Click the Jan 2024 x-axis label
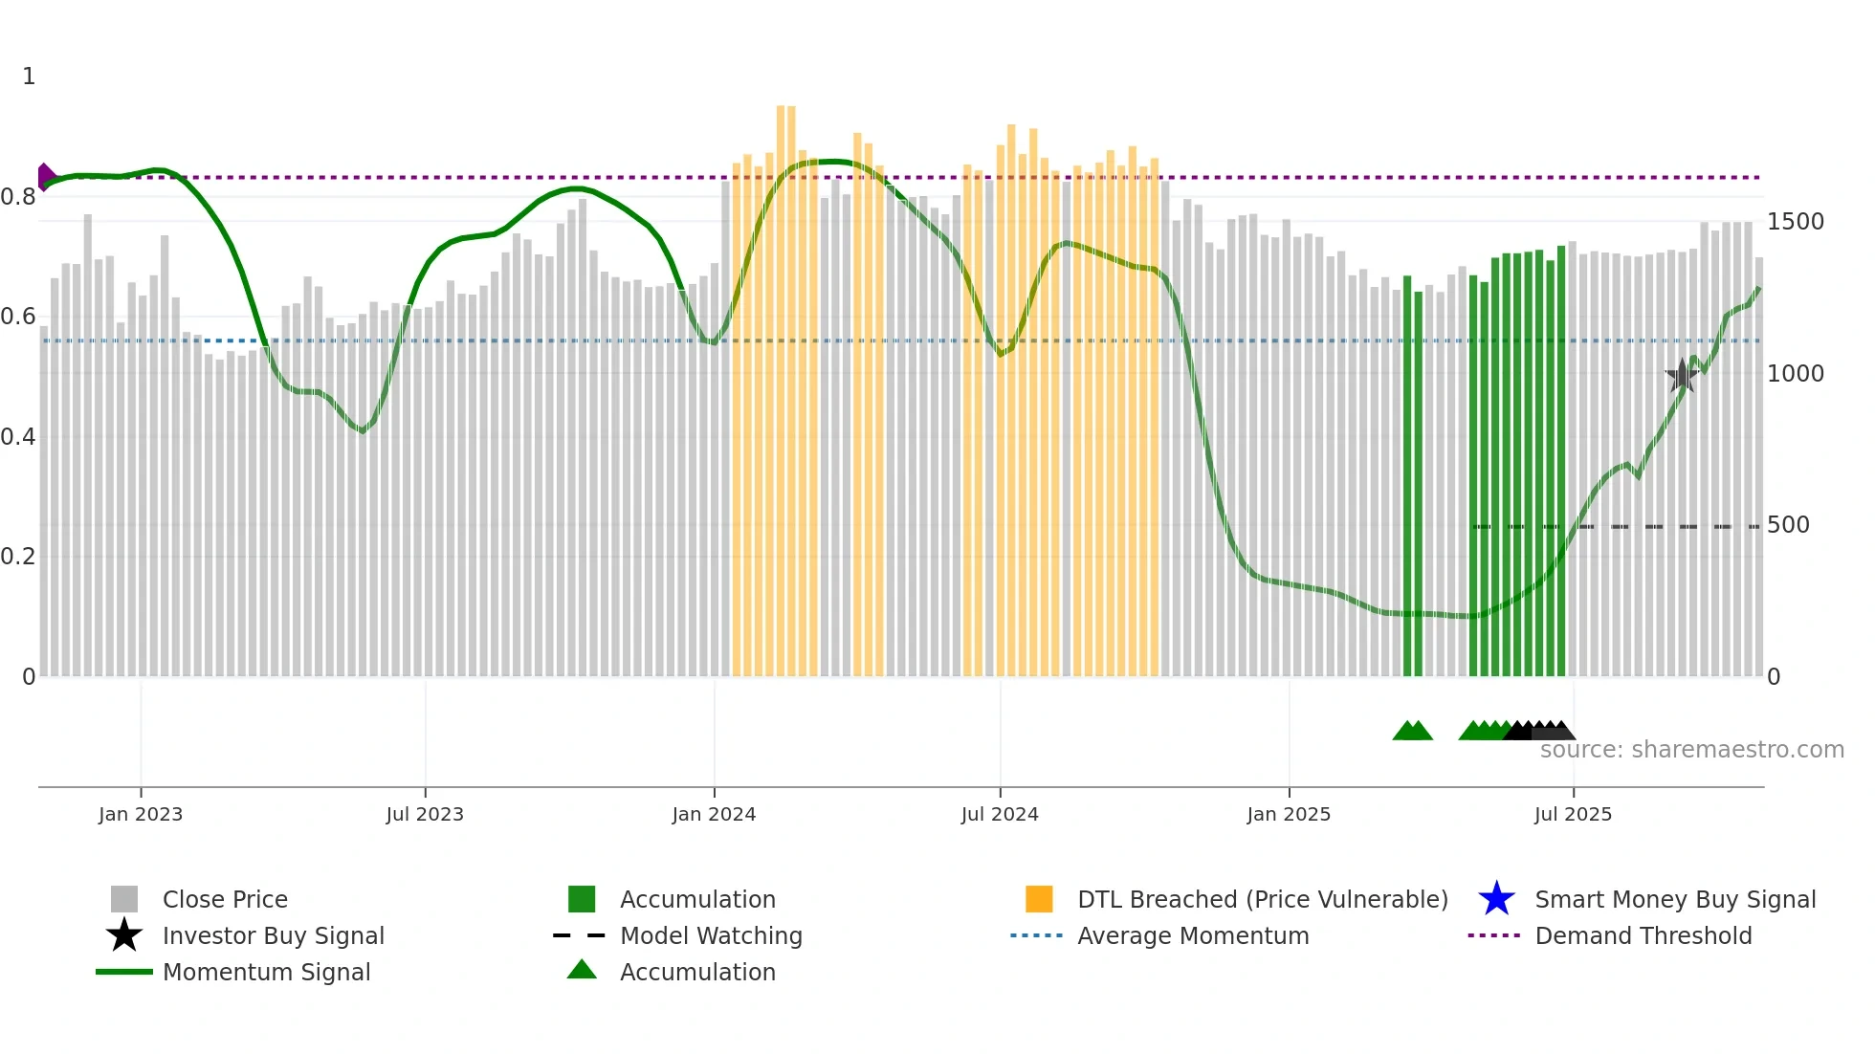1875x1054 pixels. (714, 814)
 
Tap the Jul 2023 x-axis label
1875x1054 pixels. (425, 814)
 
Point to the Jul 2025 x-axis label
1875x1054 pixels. (1573, 814)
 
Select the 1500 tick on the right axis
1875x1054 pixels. (1796, 222)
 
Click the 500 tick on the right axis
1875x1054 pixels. (1788, 525)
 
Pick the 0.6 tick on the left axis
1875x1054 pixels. (18, 317)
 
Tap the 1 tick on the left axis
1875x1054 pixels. (29, 77)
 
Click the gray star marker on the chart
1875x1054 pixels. (1682, 376)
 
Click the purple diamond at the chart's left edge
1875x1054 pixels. (44, 177)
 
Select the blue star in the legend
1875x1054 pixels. (1496, 899)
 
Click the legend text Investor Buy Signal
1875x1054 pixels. (273, 935)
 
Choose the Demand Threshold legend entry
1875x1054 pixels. (1643, 935)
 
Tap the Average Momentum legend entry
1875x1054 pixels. (1192, 935)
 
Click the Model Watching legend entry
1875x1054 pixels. (710, 935)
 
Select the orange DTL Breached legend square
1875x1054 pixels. (1039, 899)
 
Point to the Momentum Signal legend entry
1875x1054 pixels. (266, 972)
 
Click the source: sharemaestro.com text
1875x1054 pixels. (1691, 750)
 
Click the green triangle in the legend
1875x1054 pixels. (582, 971)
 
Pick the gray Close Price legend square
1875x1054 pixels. (124, 899)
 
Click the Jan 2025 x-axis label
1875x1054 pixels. (1289, 814)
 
